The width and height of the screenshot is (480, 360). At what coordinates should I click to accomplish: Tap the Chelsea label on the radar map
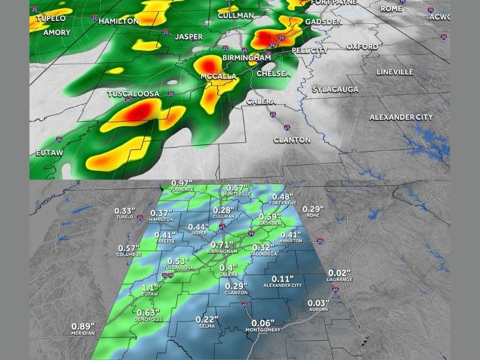(x=273, y=73)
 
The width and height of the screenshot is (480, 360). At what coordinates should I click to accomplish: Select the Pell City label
(x=310, y=50)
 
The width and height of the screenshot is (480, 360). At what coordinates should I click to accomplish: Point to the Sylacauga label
(x=335, y=89)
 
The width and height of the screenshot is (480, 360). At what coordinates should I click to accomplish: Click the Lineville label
(x=395, y=72)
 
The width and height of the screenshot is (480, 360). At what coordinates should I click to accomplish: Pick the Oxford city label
(x=362, y=46)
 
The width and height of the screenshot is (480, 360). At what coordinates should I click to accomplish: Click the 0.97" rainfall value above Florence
(x=181, y=183)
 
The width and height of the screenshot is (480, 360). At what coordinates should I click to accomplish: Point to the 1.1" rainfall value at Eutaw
(x=150, y=287)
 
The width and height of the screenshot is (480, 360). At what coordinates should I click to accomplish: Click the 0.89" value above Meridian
(x=83, y=326)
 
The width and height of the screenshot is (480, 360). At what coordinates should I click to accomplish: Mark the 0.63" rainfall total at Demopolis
(x=147, y=312)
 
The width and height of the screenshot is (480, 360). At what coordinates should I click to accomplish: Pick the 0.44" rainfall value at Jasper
(x=199, y=227)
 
